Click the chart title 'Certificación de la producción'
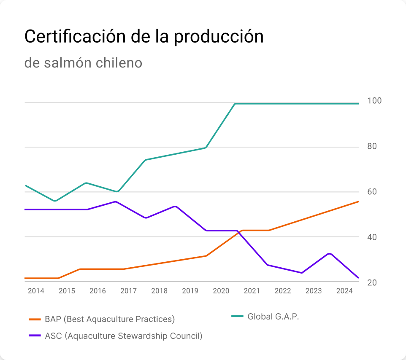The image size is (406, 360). click(x=144, y=37)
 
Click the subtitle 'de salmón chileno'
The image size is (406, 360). click(x=83, y=63)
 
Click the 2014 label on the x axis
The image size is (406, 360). click(x=36, y=291)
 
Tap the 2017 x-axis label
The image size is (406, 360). click(x=128, y=291)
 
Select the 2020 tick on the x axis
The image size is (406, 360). click(x=221, y=291)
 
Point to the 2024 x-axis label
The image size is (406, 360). click(x=344, y=291)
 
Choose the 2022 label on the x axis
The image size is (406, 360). click(x=283, y=291)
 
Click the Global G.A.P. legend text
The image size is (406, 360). click(x=273, y=317)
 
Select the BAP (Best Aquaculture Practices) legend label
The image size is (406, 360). click(x=110, y=319)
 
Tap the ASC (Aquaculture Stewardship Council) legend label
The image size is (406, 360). click(x=124, y=336)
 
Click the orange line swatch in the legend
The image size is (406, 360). click(x=35, y=319)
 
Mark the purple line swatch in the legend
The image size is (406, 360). click(x=35, y=336)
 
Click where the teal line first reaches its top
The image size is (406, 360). click(x=235, y=104)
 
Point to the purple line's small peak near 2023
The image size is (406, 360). click(x=330, y=253)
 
